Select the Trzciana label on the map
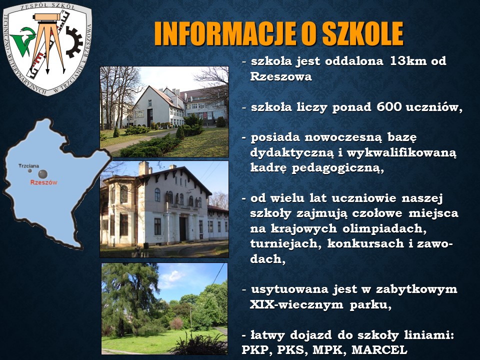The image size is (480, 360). [29, 166]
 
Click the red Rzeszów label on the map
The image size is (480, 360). [44, 182]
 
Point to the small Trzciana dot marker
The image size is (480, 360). [29, 171]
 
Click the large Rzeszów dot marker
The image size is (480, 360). [43, 174]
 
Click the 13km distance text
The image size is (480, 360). [408, 61]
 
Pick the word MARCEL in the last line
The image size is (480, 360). [379, 349]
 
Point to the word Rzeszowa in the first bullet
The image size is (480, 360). [281, 76]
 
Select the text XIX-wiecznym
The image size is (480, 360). [296, 304]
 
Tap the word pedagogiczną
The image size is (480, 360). [337, 168]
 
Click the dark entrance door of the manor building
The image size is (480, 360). [183, 228]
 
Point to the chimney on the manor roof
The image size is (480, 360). [143, 168]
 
